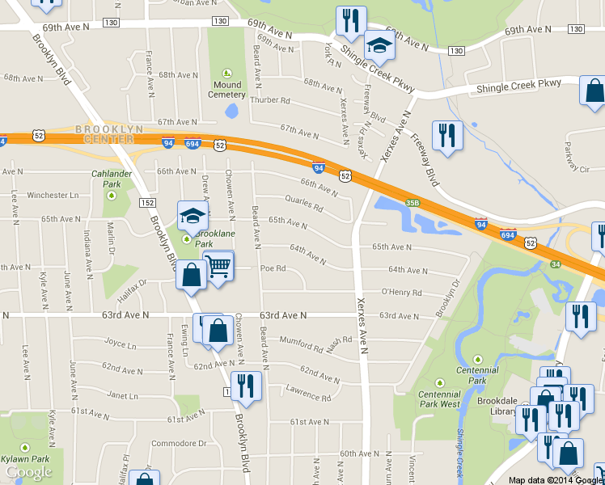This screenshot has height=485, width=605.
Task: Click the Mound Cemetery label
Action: [x=227, y=89]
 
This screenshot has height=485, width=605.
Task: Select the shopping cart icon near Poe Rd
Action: [x=218, y=265]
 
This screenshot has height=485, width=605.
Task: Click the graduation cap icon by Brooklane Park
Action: [x=192, y=215]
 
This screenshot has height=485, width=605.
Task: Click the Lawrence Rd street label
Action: [x=308, y=395]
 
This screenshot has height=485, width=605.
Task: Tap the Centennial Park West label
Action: [x=439, y=399]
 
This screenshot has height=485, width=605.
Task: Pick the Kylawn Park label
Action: [x=25, y=458]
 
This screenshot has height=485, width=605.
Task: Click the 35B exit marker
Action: [x=412, y=203]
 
